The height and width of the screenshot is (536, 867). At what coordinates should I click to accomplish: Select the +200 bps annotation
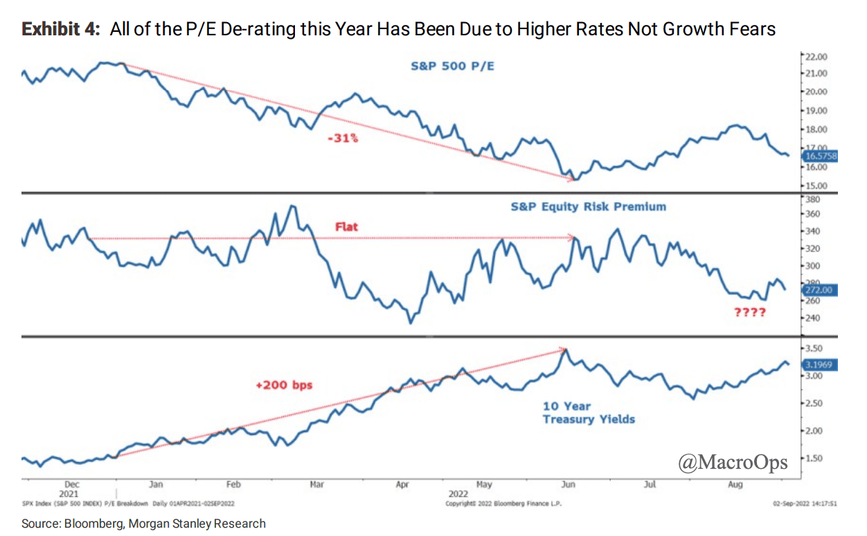(284, 384)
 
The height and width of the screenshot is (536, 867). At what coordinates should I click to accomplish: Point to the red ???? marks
(749, 312)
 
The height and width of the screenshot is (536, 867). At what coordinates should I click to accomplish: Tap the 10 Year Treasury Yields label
(588, 413)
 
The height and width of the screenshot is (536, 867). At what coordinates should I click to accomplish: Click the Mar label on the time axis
(317, 485)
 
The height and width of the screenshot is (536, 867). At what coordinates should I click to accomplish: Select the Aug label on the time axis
(735, 485)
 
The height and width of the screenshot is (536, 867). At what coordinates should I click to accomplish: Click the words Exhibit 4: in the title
(62, 30)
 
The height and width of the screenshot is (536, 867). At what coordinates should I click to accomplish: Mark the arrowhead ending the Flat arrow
(573, 238)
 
